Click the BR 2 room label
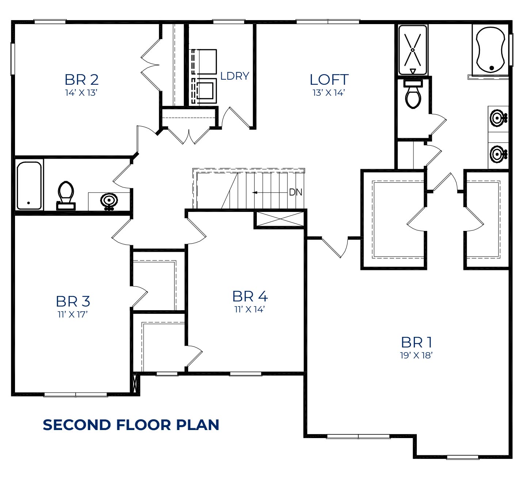pyautogui.click(x=81, y=80)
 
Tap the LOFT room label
pyautogui.click(x=329, y=80)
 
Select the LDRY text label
pyautogui.click(x=235, y=76)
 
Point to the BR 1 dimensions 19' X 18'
pyautogui.click(x=416, y=356)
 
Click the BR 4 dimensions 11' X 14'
pyautogui.click(x=249, y=309)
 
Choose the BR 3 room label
pyautogui.click(x=73, y=301)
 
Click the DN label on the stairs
pyautogui.click(x=296, y=192)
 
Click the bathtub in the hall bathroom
pyautogui.click(x=29, y=186)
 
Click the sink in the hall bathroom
pyautogui.click(x=109, y=201)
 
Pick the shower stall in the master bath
pyautogui.click(x=413, y=50)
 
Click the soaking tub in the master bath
pyautogui.click(x=490, y=50)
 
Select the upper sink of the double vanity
pyautogui.click(x=498, y=118)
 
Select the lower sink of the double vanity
pyautogui.click(x=498, y=154)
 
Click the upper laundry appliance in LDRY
pyautogui.click(x=205, y=61)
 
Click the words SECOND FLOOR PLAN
pyautogui.click(x=131, y=425)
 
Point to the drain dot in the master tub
pyautogui.click(x=492, y=68)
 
